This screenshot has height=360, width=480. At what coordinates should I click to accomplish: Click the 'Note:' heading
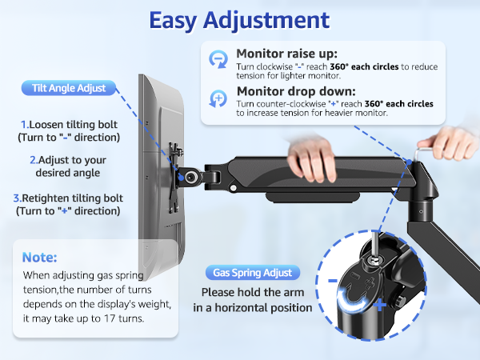click(39, 258)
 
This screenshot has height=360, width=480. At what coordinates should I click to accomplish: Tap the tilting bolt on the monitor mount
click(193, 176)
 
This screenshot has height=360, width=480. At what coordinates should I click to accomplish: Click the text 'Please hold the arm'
click(252, 293)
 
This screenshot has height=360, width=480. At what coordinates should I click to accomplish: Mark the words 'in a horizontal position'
click(252, 308)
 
